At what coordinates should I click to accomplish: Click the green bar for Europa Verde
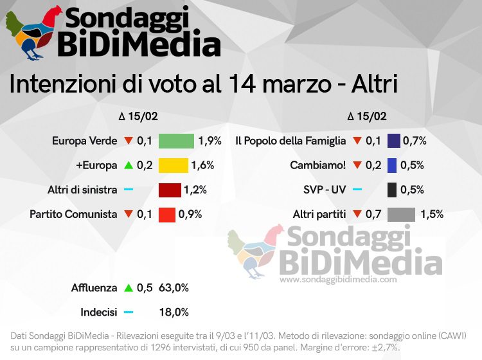coord(176,140)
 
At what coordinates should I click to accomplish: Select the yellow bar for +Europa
coord(173,165)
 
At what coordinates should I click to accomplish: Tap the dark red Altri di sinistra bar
coord(170,190)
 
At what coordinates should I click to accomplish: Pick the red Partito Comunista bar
coord(167,214)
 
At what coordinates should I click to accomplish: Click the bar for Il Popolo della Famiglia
coord(394,140)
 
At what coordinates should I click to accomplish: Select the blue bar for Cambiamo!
coord(392,165)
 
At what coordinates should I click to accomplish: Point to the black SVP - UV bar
coord(392,190)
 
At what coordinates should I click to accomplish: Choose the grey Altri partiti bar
coord(402,214)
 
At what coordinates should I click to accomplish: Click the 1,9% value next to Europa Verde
coord(210,140)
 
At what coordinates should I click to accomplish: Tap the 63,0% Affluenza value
coord(174,288)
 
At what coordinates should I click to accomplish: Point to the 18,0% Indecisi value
coord(174,312)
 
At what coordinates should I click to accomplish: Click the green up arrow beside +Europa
coord(128,165)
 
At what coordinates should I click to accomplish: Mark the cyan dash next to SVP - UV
coord(357,190)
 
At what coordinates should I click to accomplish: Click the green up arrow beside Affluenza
coord(128,288)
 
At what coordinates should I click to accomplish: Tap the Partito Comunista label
coord(73,214)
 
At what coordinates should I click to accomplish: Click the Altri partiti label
coord(319,214)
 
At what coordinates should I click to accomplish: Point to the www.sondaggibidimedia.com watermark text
coord(338,280)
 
